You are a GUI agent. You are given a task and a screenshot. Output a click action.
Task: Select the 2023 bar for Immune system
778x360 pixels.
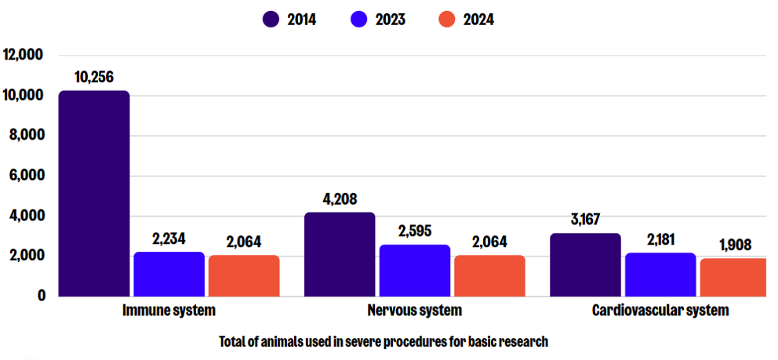click(169, 274)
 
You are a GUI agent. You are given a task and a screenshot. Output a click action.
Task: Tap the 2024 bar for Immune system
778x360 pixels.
click(244, 275)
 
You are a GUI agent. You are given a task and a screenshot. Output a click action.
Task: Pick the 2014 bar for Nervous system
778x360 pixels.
click(340, 254)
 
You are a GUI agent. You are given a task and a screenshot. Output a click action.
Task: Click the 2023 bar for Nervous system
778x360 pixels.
click(415, 271)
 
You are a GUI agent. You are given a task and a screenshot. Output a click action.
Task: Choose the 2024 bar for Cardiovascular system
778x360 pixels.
click(733, 277)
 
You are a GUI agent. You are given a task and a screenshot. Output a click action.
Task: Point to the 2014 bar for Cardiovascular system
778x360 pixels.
click(586, 264)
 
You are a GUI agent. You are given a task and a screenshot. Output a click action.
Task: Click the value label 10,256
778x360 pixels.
click(94, 77)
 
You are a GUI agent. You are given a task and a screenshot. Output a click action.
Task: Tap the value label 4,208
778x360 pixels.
click(340, 199)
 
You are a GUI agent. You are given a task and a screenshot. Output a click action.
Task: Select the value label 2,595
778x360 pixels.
click(415, 231)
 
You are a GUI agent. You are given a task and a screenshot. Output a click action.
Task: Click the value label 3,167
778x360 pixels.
click(585, 220)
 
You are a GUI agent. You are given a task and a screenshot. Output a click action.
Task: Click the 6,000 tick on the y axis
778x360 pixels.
click(25, 176)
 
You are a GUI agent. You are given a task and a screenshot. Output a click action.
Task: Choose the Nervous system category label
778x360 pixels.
click(414, 311)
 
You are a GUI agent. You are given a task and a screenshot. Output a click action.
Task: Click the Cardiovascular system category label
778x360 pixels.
click(660, 311)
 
